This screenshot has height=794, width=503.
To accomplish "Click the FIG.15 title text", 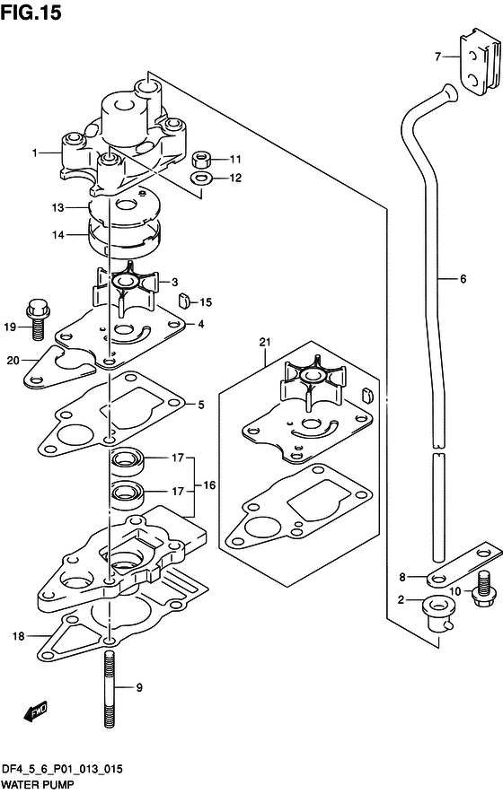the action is coord(31,13).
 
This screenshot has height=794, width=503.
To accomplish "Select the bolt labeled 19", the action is coord(35,320).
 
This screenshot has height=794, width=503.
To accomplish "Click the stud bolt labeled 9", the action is coord(110,690).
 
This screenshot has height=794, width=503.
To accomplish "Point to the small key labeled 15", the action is coord(183,301).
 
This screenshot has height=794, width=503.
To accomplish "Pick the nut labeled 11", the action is coord(201,160).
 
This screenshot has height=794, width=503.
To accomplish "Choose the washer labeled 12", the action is coord(201,179).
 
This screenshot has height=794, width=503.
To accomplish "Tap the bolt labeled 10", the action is coord(484,588).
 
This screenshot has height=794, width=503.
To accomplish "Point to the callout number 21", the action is coord(265,343).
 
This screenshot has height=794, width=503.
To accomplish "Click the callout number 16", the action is coord(209,485).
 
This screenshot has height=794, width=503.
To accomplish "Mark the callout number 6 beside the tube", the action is coord(463,278).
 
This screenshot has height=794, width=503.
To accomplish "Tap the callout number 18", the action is coord(18,635).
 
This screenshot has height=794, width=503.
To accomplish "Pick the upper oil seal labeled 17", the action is coord(128,462).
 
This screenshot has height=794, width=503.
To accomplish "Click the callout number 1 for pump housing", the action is coord(34,153).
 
